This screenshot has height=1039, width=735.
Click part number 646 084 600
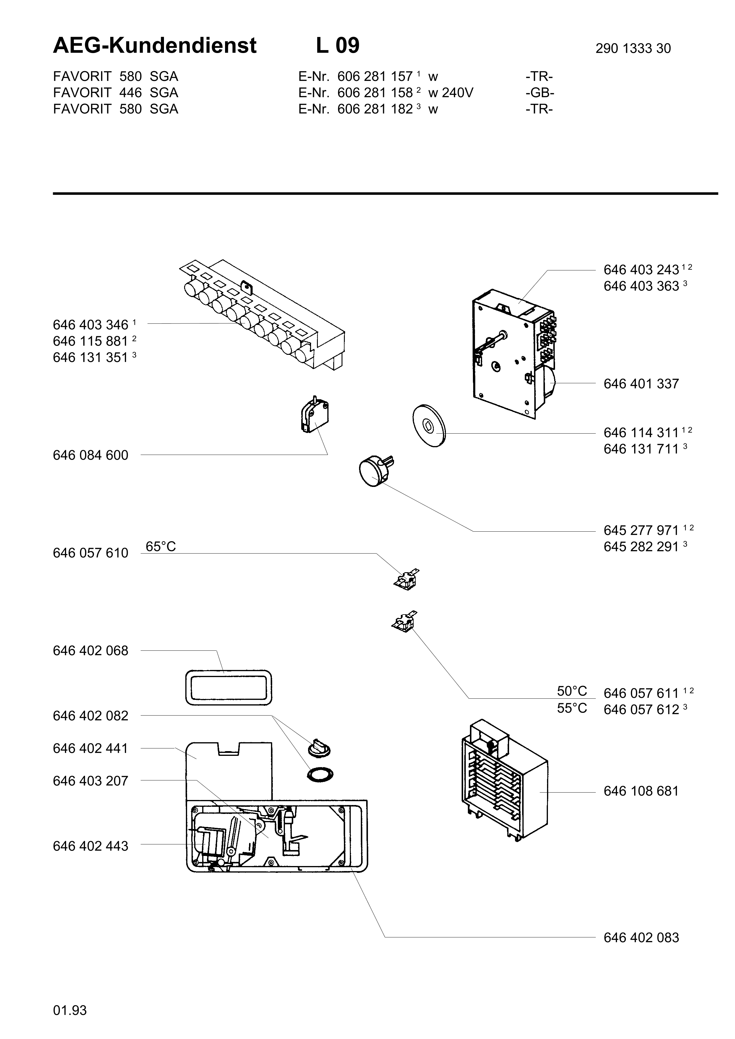pyautogui.click(x=90, y=455)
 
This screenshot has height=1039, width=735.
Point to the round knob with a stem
pyautogui.click(x=373, y=471)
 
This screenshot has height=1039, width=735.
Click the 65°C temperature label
pyautogui.click(x=161, y=547)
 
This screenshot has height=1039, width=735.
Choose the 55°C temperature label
pyautogui.click(x=572, y=708)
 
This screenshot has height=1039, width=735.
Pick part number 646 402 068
pyautogui.click(x=90, y=651)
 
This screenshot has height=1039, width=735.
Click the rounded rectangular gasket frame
pyautogui.click(x=229, y=687)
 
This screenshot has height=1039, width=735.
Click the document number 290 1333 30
pyautogui.click(x=633, y=48)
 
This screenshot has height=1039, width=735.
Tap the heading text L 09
pyautogui.click(x=337, y=46)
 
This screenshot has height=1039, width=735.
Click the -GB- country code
pyautogui.click(x=540, y=93)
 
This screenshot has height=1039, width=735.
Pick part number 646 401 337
pyautogui.click(x=641, y=384)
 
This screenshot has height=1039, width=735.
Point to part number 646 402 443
pyautogui.click(x=90, y=846)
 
